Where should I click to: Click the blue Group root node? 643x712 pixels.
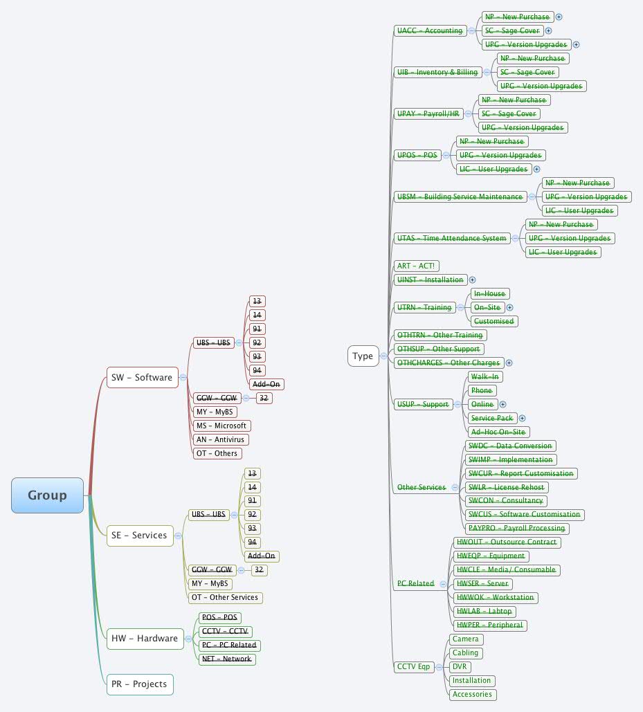pos(47,495)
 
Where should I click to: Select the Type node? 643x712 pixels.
pos(363,356)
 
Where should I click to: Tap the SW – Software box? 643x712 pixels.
pos(142,378)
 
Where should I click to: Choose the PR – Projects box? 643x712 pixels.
pos(139,684)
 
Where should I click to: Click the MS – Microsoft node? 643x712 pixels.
pos(221,426)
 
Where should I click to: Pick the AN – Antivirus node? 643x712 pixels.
pos(221,439)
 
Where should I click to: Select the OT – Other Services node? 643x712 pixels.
pos(225,597)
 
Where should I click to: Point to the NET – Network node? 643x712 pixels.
pos(226,659)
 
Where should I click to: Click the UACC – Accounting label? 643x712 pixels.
pos(429,30)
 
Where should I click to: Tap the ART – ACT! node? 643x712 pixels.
pos(416,266)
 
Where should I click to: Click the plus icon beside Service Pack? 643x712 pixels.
pos(523,418)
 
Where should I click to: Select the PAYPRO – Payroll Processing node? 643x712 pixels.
pos(516,528)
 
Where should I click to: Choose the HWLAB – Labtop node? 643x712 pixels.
pos(484,611)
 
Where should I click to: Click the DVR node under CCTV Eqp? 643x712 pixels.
pos(459,667)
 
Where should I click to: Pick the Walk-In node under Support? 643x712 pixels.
pos(484,376)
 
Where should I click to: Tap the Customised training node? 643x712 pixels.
pos(493,321)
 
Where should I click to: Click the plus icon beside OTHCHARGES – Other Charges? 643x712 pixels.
pos(509,363)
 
